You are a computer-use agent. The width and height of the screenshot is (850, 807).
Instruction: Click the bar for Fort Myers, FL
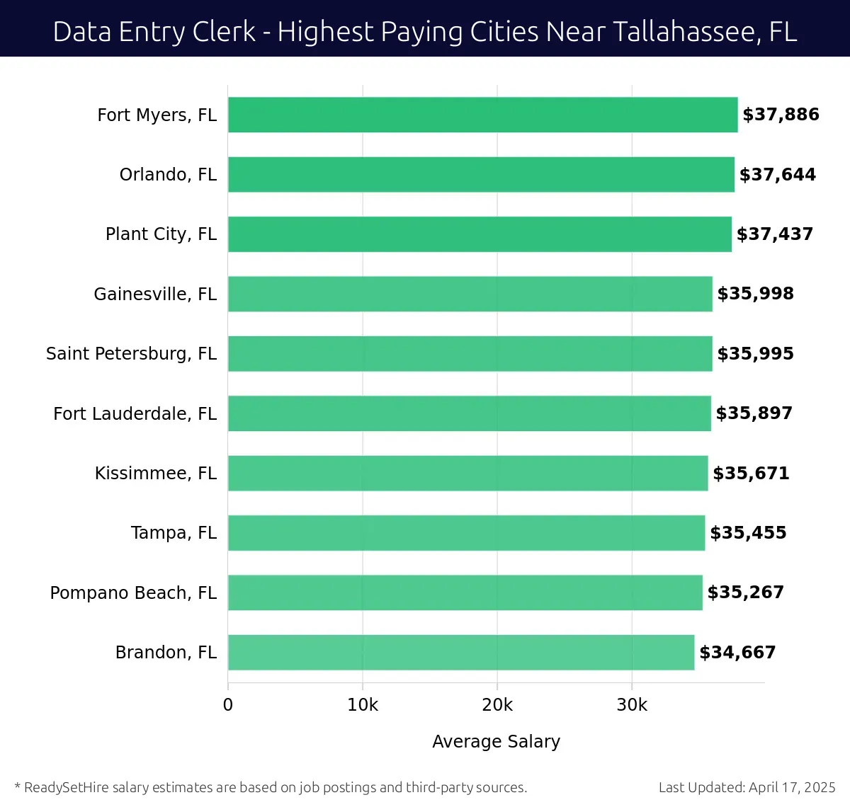click(x=482, y=115)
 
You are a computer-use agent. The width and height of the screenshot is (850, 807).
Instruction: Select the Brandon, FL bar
click(x=461, y=652)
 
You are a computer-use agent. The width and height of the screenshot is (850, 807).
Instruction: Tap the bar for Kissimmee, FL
click(x=467, y=473)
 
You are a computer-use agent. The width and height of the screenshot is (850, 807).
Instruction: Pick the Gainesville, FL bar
click(x=470, y=294)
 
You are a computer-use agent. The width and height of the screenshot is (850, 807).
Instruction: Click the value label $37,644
click(x=777, y=175)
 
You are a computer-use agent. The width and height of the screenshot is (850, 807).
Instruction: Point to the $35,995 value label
click(x=755, y=354)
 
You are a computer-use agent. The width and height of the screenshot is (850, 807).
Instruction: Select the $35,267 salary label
click(x=745, y=593)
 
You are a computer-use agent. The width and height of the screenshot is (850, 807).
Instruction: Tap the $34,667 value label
click(x=737, y=653)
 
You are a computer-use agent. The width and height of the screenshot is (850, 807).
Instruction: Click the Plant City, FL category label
click(x=161, y=234)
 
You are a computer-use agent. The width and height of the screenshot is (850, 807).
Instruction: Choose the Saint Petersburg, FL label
click(x=131, y=354)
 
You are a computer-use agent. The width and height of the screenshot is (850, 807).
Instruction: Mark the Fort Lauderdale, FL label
click(x=135, y=413)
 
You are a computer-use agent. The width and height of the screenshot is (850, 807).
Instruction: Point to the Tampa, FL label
click(x=174, y=533)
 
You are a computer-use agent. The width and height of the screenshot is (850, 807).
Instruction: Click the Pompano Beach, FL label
click(x=133, y=593)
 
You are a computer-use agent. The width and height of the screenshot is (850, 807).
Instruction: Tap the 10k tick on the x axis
click(x=363, y=705)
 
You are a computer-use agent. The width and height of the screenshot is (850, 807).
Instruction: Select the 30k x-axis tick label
click(x=632, y=705)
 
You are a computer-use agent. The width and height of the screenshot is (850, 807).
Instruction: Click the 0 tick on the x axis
click(x=228, y=705)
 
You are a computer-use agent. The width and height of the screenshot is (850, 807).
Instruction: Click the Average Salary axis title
click(x=496, y=741)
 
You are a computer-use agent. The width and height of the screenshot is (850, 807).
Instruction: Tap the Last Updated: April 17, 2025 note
click(x=747, y=787)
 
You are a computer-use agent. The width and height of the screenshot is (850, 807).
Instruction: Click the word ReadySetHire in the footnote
click(x=67, y=787)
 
